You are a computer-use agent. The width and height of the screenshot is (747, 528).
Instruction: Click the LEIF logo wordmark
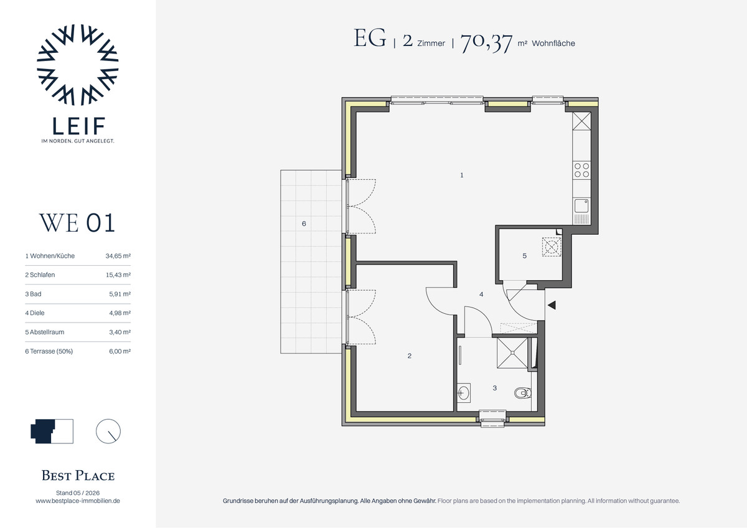(x=78, y=125)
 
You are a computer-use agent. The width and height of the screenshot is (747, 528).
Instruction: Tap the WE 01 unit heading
(x=77, y=222)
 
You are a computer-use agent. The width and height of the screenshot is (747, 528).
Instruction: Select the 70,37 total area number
(x=486, y=42)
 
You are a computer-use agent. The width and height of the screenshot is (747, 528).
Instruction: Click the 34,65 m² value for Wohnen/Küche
(x=118, y=256)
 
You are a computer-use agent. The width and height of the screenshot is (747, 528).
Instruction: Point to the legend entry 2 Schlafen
(x=40, y=275)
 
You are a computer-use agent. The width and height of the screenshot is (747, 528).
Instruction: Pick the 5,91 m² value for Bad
(x=120, y=294)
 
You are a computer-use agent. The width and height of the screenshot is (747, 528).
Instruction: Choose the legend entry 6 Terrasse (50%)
(x=49, y=351)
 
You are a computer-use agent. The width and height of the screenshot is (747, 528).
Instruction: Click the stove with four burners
(x=581, y=170)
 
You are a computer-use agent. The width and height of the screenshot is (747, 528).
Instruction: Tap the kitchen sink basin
(x=581, y=205)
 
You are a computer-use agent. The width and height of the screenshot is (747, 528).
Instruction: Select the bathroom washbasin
(x=463, y=393)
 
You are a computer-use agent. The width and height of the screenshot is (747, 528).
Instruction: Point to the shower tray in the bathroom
(x=512, y=353)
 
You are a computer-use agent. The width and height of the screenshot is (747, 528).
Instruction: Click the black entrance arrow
(x=552, y=305)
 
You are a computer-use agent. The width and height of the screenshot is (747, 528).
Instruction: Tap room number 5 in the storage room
(x=524, y=256)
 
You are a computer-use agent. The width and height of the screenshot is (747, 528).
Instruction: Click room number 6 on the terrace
(x=304, y=224)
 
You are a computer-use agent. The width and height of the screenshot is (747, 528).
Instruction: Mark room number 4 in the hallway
(x=481, y=294)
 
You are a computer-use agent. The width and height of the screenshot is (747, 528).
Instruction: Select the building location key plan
(x=52, y=431)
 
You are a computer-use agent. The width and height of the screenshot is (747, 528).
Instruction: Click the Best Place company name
(x=78, y=475)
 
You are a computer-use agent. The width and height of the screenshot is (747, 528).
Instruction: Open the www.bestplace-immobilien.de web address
(x=78, y=501)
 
